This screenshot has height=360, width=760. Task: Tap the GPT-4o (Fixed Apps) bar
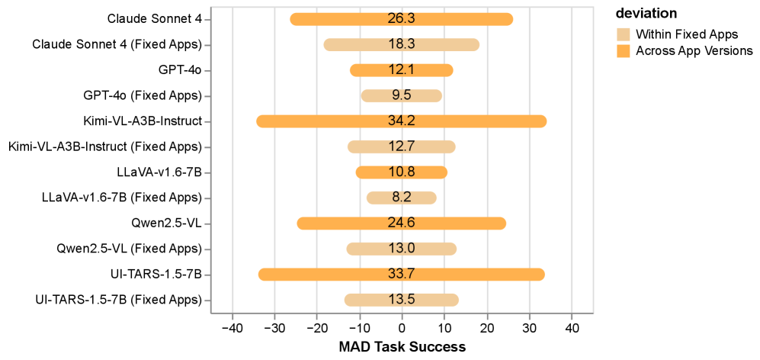pos(381,96)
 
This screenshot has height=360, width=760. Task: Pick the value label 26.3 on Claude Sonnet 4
pos(402,19)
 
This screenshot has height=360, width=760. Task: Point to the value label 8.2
pos(402,198)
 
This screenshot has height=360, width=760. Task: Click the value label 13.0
pos(402,249)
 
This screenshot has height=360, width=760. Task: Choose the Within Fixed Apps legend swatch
pos(624,34)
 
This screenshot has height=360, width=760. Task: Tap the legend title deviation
pos(646,14)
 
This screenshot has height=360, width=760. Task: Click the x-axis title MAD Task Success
pos(402,347)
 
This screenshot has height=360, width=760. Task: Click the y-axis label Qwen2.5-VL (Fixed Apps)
pos(129,249)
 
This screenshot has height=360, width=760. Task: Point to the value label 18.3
pos(402,45)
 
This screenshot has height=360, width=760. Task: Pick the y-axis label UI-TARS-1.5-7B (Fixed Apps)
pos(118,300)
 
